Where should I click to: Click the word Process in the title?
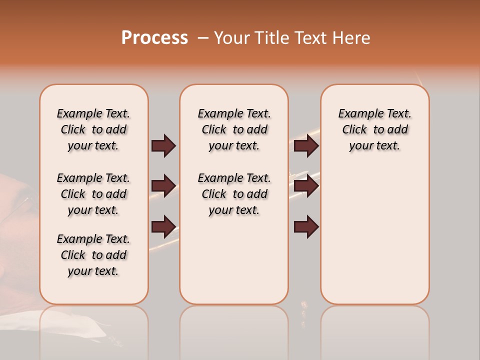[154, 38]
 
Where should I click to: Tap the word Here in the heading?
[352, 38]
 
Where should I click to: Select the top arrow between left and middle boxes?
[163, 145]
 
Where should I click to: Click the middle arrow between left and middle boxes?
[163, 186]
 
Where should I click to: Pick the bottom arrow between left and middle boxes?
[163, 226]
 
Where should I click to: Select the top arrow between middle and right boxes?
[306, 145]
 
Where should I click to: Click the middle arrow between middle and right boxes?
[306, 186]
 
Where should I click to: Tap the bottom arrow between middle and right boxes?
[306, 226]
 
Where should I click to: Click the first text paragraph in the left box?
[93, 129]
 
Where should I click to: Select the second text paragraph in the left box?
[93, 194]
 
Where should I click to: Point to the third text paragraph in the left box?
[93, 255]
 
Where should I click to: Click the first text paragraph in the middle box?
[234, 129]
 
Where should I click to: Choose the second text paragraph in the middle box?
[234, 194]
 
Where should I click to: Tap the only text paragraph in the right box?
[374, 129]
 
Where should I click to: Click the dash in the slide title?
[203, 38]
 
